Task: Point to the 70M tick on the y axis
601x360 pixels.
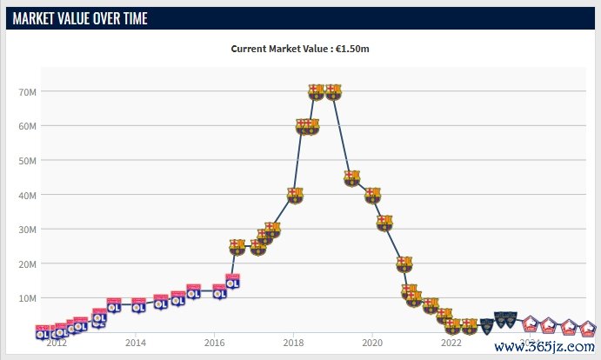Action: pyautogui.click(x=26, y=91)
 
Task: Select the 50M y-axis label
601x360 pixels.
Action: pyautogui.click(x=26, y=160)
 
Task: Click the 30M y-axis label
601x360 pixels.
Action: pyautogui.click(x=26, y=229)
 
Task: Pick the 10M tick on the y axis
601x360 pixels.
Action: pyautogui.click(x=26, y=297)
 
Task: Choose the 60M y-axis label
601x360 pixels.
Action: pyautogui.click(x=26, y=126)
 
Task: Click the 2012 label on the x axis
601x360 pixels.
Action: pyautogui.click(x=57, y=343)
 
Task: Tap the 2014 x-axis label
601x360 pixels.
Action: pyautogui.click(x=136, y=343)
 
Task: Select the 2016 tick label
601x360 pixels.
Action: pyautogui.click(x=215, y=343)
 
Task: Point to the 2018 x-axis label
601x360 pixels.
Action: pyautogui.click(x=294, y=343)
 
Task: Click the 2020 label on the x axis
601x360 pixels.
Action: pyautogui.click(x=372, y=343)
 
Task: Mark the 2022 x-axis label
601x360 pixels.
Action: pyautogui.click(x=451, y=343)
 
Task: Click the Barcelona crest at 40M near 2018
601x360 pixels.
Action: pyautogui.click(x=295, y=195)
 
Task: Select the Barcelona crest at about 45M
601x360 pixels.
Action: pyautogui.click(x=352, y=178)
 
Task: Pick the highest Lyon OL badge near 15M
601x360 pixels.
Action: pyautogui.click(x=232, y=281)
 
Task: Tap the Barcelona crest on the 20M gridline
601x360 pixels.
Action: pyautogui.click(x=404, y=263)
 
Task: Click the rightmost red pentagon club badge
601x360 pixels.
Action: pyautogui.click(x=588, y=329)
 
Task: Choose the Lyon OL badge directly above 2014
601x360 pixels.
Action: pyautogui.click(x=138, y=304)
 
